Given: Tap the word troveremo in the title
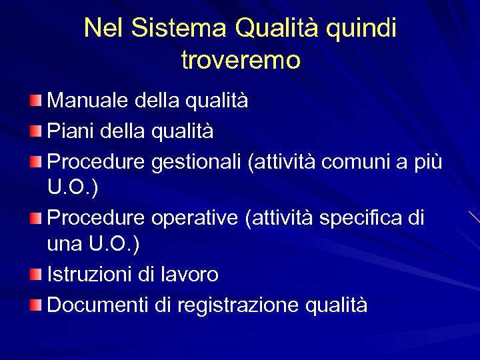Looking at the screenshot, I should [241, 61].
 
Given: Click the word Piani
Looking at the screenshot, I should [71, 131].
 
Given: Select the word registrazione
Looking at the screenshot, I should [238, 305].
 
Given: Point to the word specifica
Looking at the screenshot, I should [360, 218].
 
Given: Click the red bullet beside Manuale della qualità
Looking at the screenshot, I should [35, 101].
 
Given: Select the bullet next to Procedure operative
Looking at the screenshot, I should [35, 217].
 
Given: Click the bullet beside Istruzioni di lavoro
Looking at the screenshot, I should [35, 273].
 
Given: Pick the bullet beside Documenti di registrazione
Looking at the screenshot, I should [35, 305].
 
